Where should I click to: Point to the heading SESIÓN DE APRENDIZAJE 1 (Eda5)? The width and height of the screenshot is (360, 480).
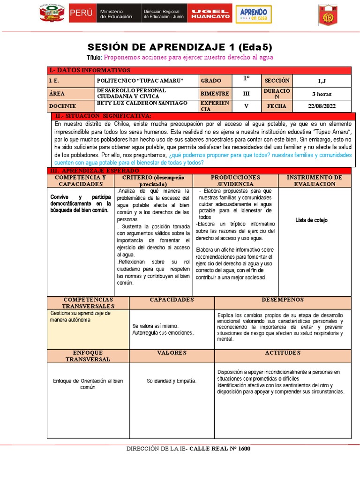coord(180,47)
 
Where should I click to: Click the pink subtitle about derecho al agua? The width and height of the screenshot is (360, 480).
coord(188,57)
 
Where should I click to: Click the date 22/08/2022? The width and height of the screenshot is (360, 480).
coord(321,106)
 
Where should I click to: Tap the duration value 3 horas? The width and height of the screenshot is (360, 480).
coord(321,93)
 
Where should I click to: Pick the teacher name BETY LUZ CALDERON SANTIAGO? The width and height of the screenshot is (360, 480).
coord(142,103)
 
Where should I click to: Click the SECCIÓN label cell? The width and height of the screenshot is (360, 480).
coord(277,81)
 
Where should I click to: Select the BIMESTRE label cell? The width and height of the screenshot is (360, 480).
coord(215,93)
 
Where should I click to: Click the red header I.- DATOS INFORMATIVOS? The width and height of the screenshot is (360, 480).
coord(90,70)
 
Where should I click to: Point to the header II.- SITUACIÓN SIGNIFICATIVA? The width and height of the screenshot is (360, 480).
coord(103,116)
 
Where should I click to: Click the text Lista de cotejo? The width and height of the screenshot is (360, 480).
coord(312,220)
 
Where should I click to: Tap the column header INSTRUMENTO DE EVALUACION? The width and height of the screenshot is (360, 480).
coord(314,180)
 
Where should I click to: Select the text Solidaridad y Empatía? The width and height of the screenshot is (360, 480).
coord(172,381)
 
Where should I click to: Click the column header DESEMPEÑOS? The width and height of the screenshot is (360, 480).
coord(282,300)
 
